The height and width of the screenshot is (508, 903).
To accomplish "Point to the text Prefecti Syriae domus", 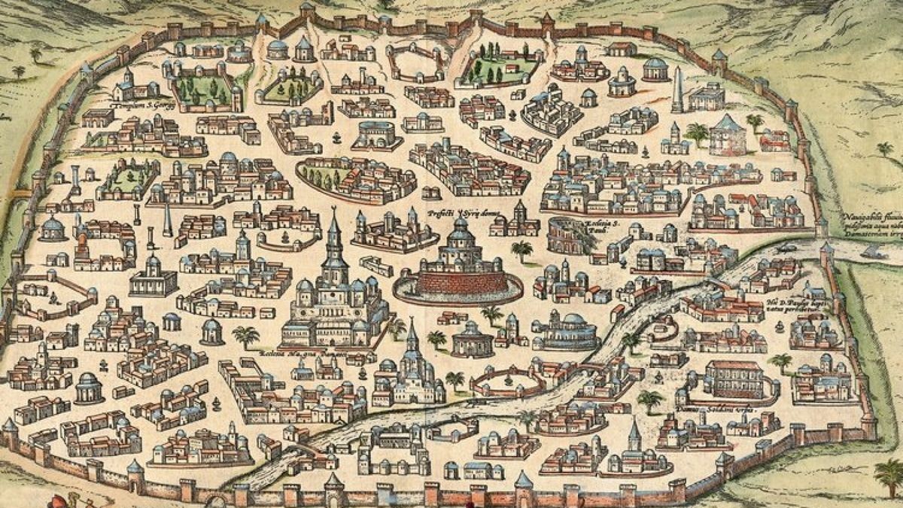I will [x=454, y=213].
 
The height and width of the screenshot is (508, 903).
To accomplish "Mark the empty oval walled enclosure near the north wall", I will [x=415, y=62].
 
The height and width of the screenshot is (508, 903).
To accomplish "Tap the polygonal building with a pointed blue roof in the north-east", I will [x=727, y=134].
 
